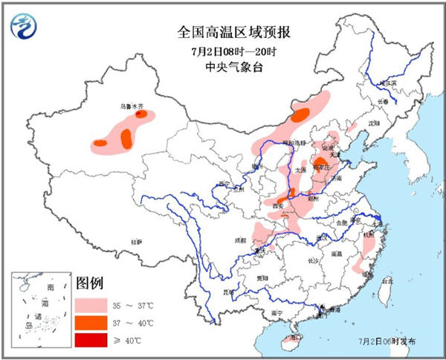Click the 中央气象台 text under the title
click(223, 68)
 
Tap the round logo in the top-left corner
click(24, 27)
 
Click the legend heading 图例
click(89, 283)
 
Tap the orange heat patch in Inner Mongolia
click(300, 115)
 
